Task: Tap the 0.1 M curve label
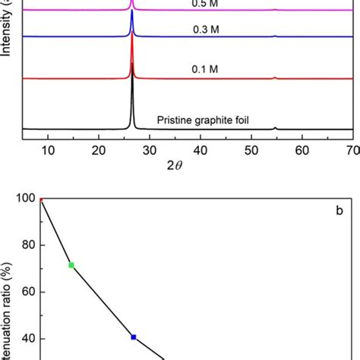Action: point(204,69)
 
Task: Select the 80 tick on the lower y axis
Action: point(27,245)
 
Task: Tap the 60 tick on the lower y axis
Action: point(27,292)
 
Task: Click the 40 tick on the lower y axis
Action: point(27,339)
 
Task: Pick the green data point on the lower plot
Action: point(71,265)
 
